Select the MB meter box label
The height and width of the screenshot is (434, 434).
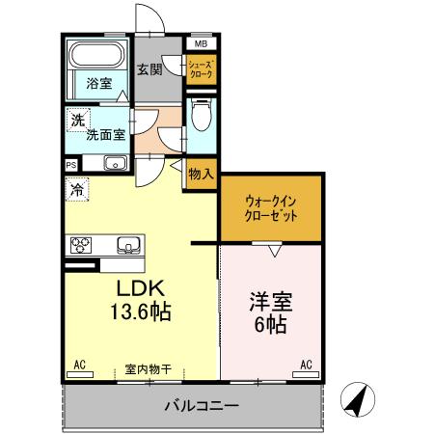(201, 44)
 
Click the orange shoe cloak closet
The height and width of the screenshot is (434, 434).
(201, 69)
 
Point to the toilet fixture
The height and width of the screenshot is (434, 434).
(201, 118)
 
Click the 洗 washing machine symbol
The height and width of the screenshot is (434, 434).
(76, 122)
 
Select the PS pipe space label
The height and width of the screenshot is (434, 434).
(72, 164)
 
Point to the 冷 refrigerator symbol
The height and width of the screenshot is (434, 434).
(76, 189)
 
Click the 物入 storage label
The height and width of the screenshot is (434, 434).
(201, 175)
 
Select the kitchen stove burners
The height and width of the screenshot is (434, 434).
(79, 243)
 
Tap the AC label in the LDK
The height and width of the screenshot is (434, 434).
(80, 365)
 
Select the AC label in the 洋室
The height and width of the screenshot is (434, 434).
(306, 365)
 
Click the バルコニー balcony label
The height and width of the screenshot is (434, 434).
(201, 406)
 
